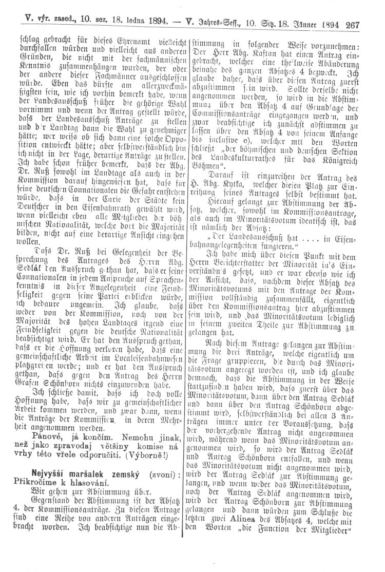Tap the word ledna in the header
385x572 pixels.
point(123,23)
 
